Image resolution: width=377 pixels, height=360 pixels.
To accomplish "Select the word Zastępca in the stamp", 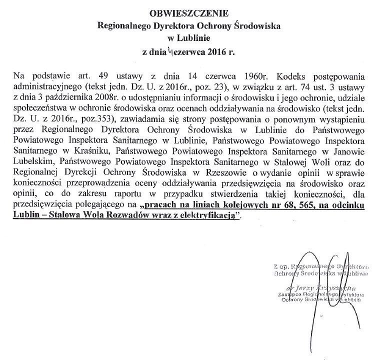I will click(x=293, y=295).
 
